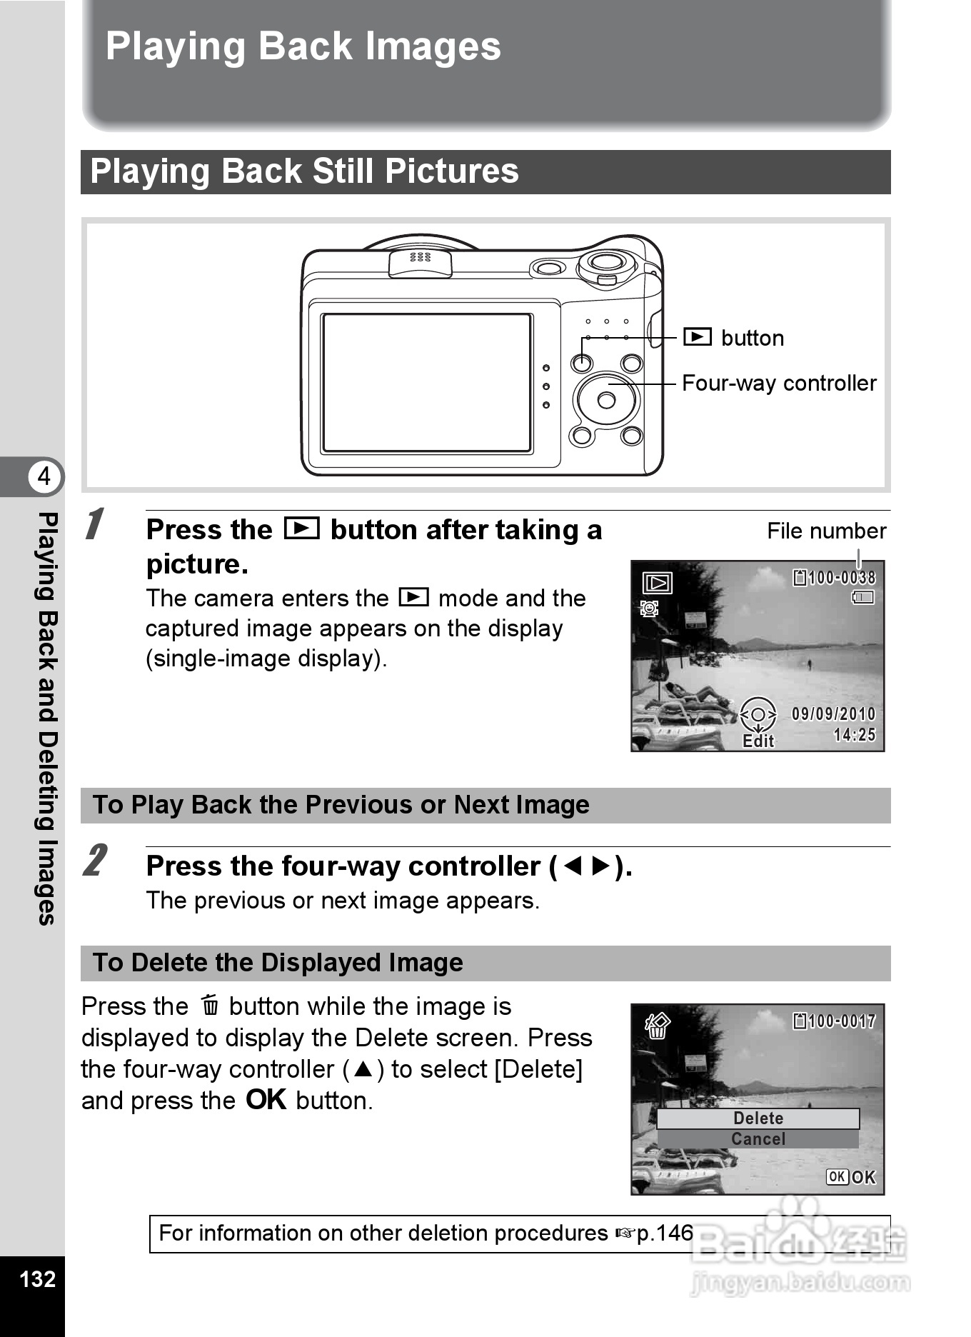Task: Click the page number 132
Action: tap(37, 1278)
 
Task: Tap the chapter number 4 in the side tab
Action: tap(44, 476)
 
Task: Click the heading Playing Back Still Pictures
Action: tap(304, 172)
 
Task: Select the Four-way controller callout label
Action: tap(779, 384)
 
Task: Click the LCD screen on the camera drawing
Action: tap(426, 383)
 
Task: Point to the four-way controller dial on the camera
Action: tap(606, 400)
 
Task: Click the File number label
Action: tap(826, 531)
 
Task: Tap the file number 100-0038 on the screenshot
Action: tap(841, 578)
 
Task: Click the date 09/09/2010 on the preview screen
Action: tap(833, 713)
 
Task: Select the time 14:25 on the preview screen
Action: tap(855, 735)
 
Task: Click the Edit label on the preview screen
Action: tap(758, 741)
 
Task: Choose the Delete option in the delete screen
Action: tap(758, 1118)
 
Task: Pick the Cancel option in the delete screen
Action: tap(758, 1139)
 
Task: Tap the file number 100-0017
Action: tap(841, 1021)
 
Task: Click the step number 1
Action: tap(95, 525)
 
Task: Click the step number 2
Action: tap(95, 861)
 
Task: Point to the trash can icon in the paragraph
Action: tap(210, 1006)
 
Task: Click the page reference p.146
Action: tap(664, 1233)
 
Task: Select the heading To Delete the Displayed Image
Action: tap(278, 963)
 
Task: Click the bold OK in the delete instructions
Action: tap(266, 1100)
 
